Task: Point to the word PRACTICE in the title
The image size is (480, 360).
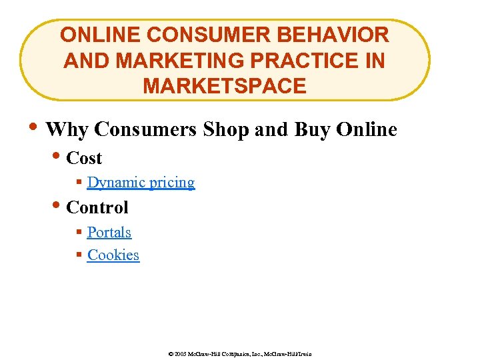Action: click(x=299, y=61)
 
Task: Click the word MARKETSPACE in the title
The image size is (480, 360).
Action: click(x=225, y=87)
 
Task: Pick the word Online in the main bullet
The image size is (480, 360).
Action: click(x=366, y=129)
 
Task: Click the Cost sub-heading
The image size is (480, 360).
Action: click(x=84, y=159)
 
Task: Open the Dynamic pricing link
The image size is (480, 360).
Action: click(x=141, y=183)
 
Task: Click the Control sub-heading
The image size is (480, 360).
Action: click(x=97, y=207)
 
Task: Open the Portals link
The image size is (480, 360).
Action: click(x=109, y=233)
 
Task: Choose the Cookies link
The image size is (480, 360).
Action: click(x=113, y=255)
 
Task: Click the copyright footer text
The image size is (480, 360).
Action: click(x=240, y=353)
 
